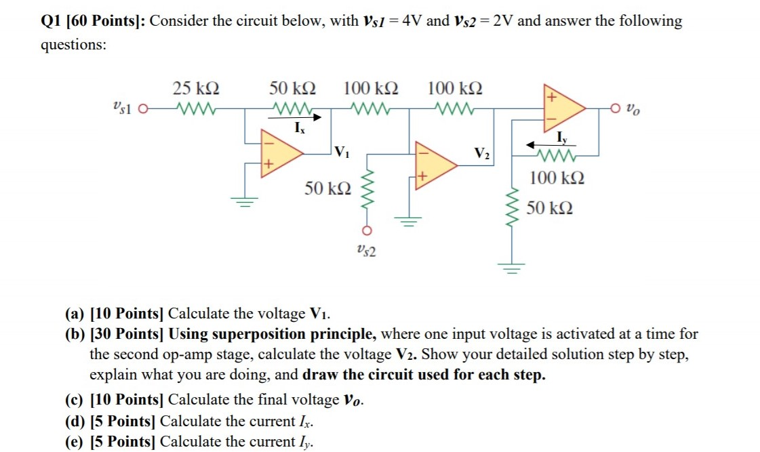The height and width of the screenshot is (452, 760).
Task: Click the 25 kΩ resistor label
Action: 195,88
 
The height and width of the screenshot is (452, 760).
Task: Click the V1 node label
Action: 343,150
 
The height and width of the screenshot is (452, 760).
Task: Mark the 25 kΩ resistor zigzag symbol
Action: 195,108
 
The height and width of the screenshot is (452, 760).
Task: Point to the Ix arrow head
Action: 317,117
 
